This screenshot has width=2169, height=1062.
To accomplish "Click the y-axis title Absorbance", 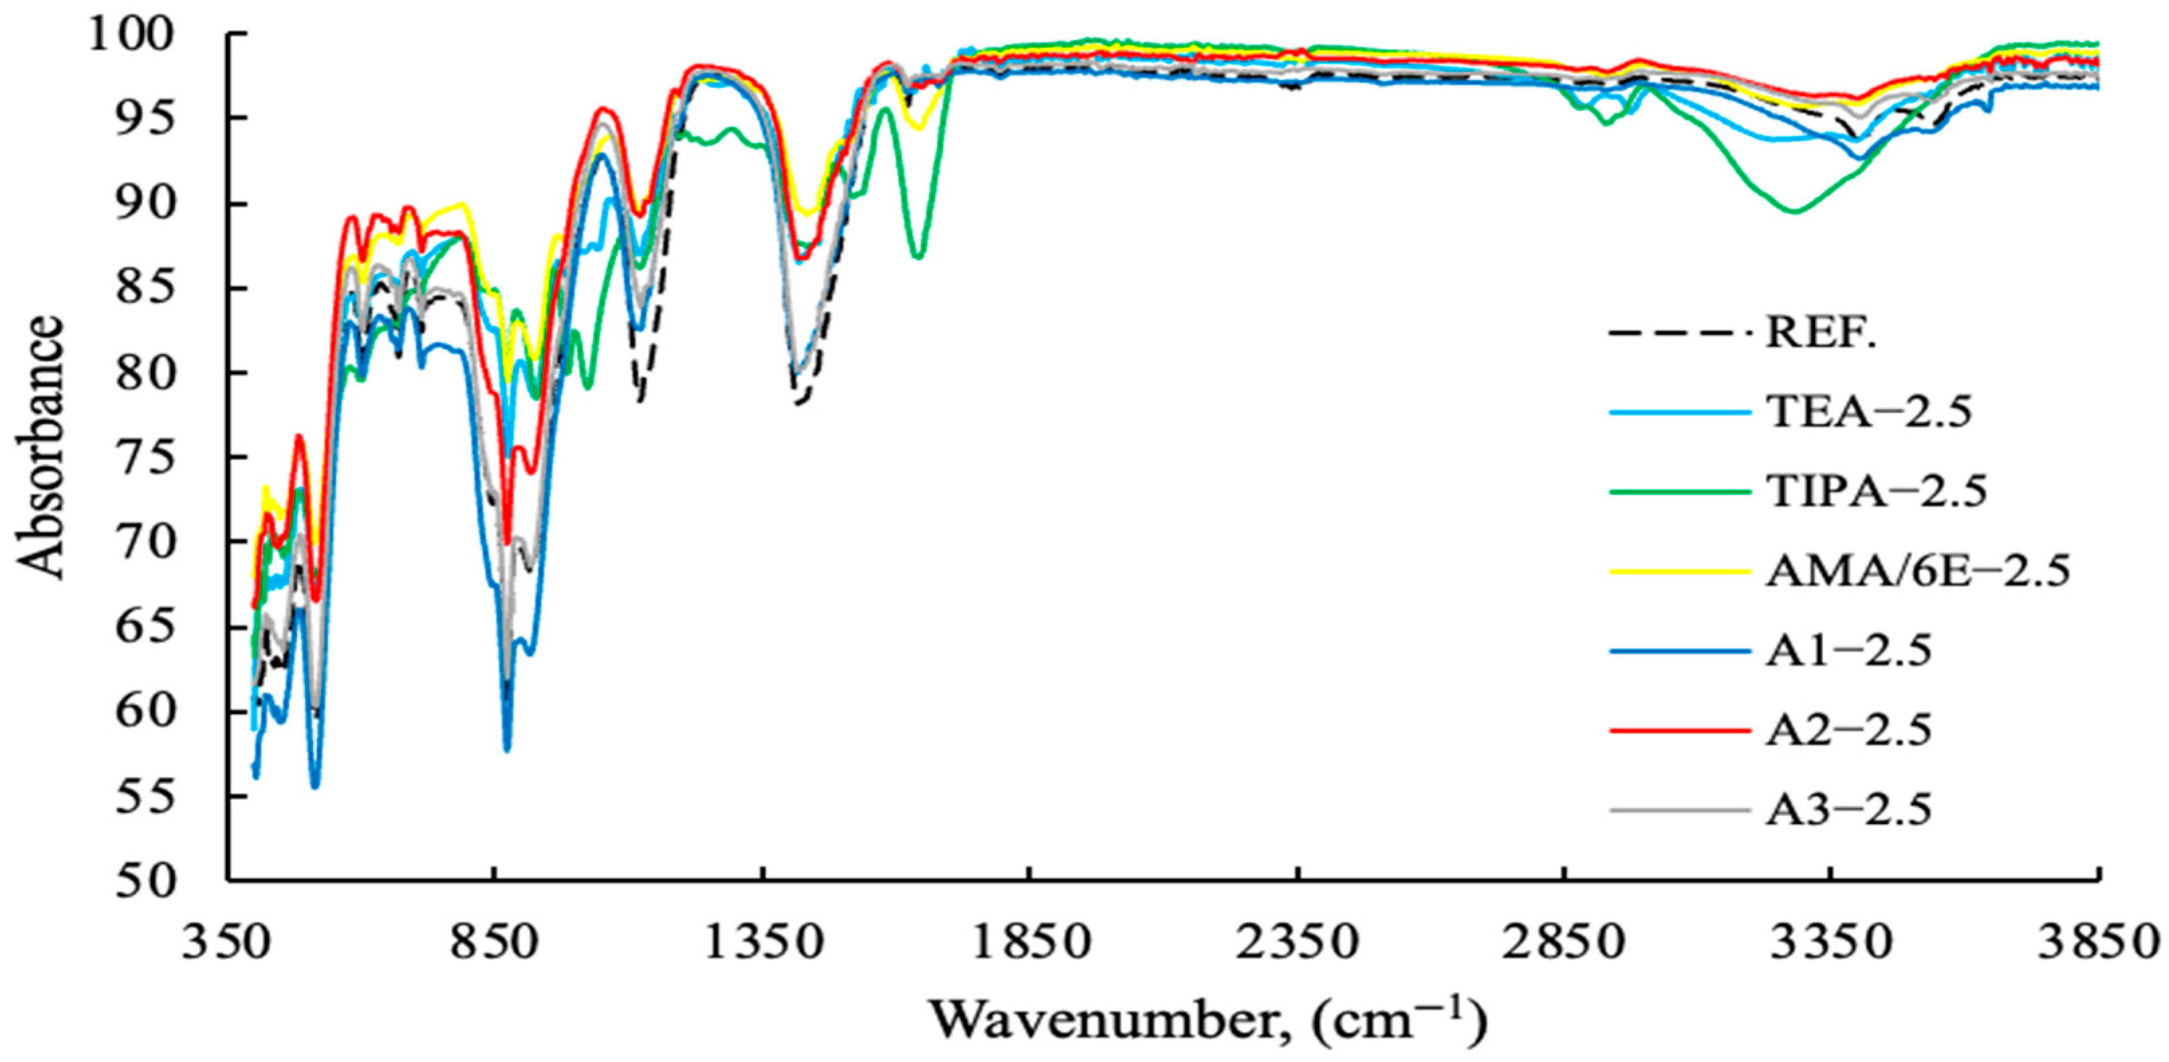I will click(40, 447).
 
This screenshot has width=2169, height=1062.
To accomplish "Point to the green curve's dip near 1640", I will click(919, 255).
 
